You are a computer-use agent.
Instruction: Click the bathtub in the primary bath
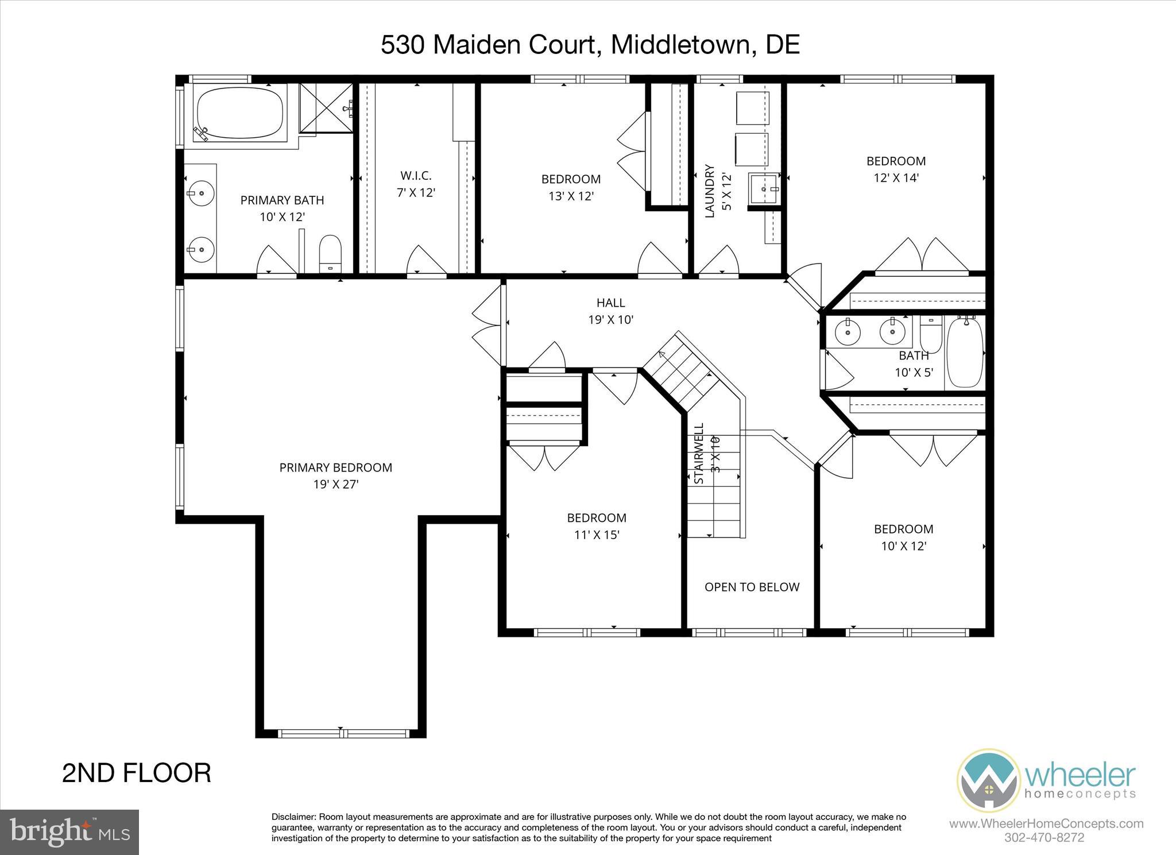click(240, 113)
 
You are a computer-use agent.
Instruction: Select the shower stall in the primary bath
click(326, 107)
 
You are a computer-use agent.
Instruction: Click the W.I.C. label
click(416, 175)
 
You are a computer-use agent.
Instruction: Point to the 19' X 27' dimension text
click(335, 484)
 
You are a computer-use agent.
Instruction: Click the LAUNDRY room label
click(710, 191)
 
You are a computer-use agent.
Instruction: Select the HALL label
click(610, 303)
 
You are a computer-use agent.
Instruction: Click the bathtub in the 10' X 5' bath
click(965, 353)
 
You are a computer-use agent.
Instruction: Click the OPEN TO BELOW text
click(752, 587)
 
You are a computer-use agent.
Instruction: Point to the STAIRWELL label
click(699, 454)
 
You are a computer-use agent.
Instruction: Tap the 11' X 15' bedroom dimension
click(597, 535)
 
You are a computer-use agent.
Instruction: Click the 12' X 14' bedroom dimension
click(896, 178)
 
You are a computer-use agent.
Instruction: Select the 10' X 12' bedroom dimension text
click(904, 546)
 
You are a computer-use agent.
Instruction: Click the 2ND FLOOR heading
click(137, 773)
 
